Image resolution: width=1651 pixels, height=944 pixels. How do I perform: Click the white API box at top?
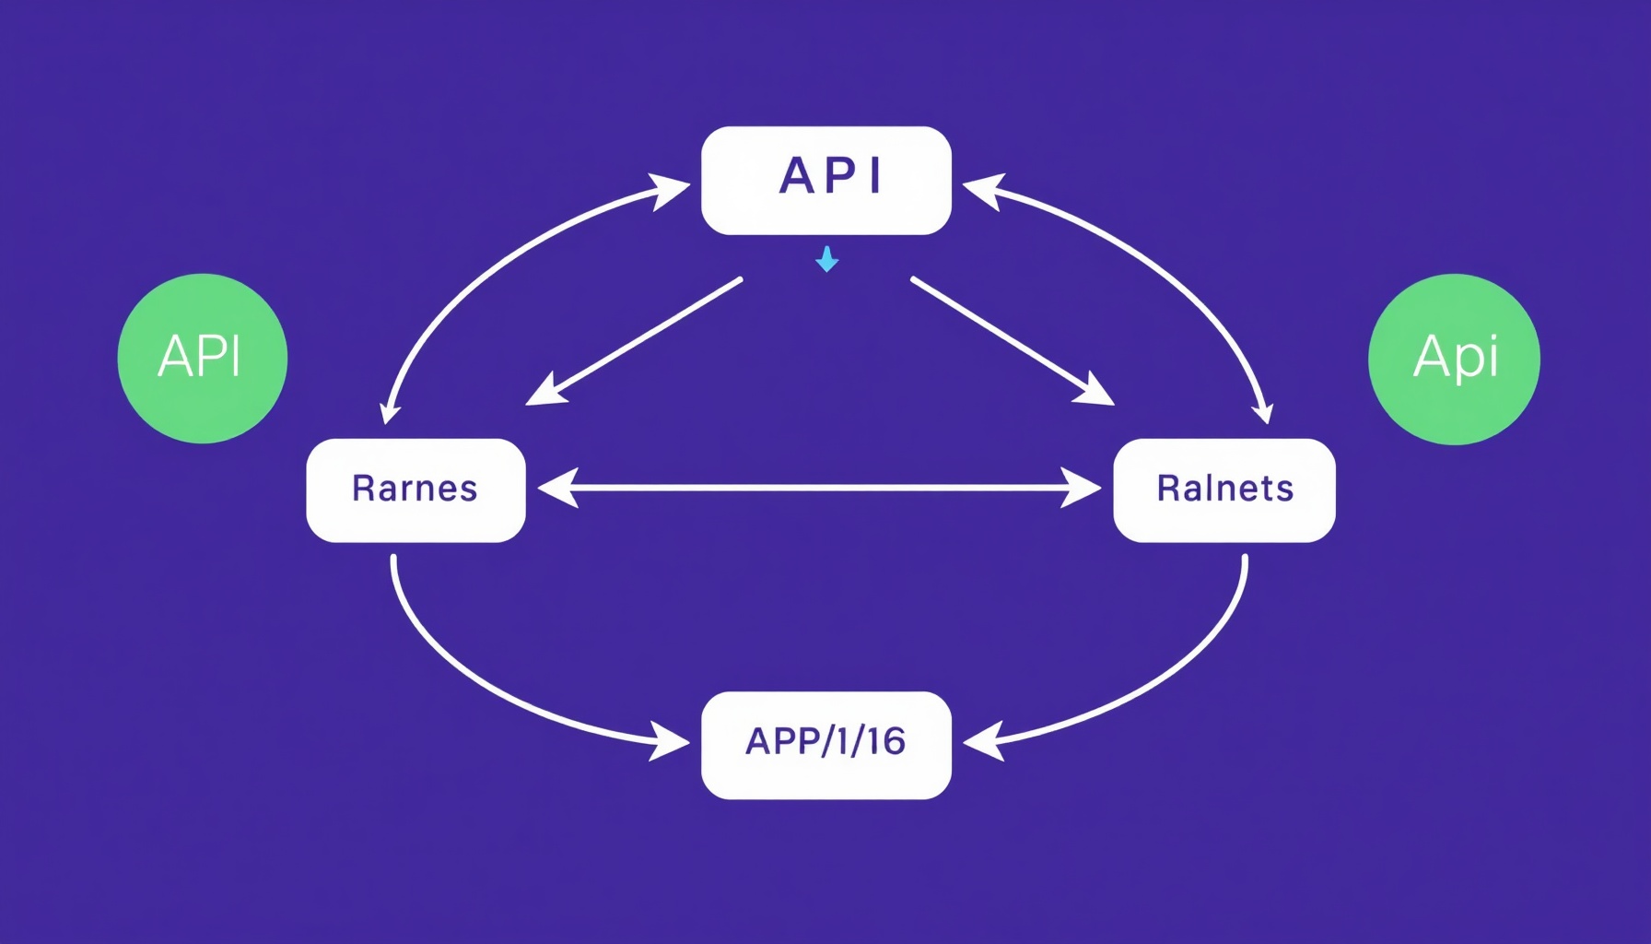[825, 181]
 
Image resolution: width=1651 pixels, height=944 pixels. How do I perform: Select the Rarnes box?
[416, 490]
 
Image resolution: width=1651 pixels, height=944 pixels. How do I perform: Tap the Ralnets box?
[1224, 490]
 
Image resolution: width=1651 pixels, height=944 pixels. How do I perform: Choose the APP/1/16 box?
[825, 745]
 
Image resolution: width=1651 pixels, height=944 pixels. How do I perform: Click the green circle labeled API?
[203, 359]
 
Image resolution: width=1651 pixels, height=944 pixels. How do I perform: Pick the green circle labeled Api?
[1454, 359]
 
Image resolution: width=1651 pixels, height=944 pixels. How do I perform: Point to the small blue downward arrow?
[826, 260]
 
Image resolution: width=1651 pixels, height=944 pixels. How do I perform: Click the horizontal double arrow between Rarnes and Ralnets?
[820, 488]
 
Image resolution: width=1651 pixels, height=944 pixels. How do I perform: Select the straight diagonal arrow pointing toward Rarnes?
[636, 341]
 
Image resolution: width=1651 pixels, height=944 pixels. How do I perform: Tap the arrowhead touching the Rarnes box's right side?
[556, 488]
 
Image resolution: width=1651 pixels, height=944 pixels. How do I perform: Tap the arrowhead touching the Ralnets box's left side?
[1082, 488]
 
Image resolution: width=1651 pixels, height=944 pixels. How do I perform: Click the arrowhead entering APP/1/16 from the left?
[670, 741]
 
